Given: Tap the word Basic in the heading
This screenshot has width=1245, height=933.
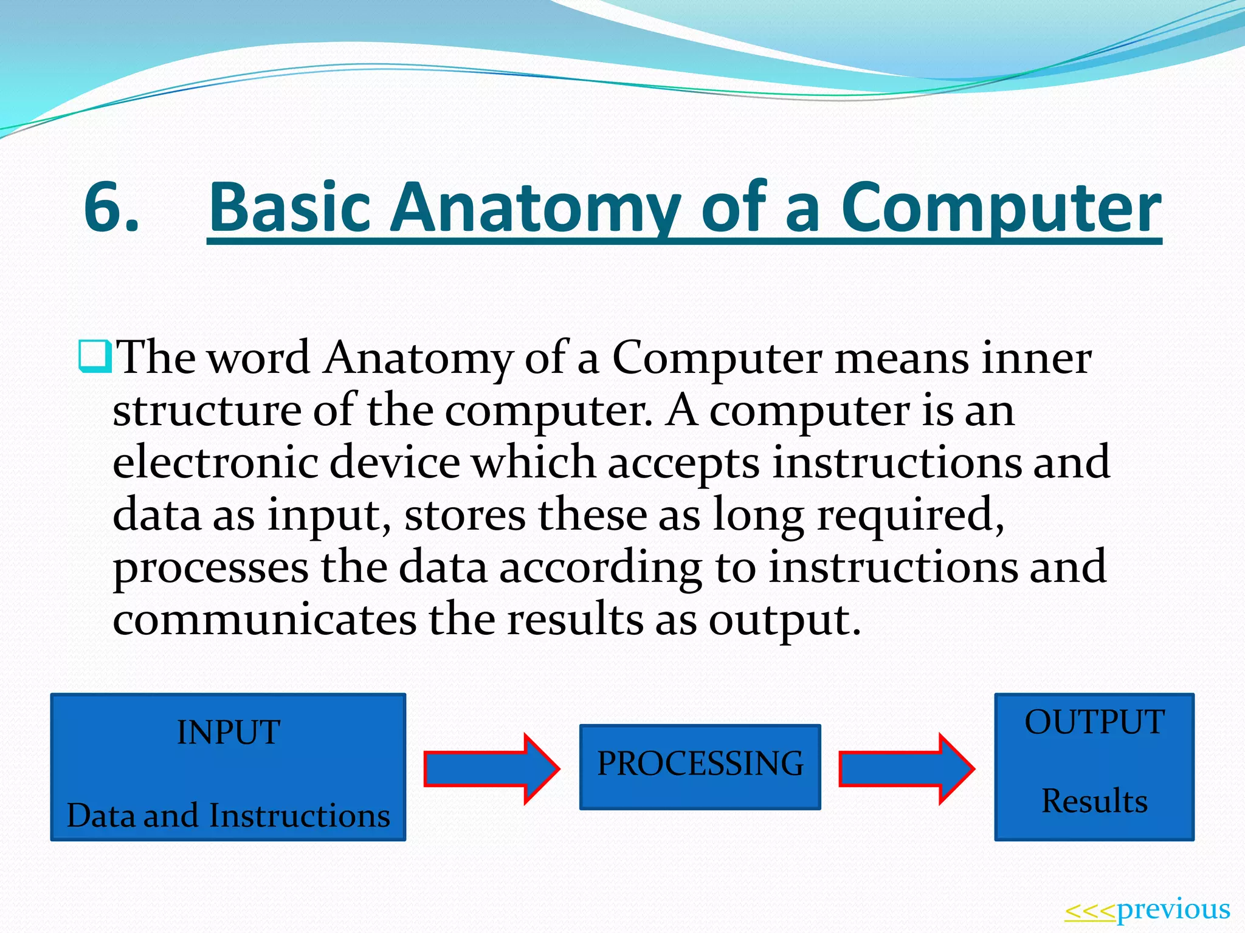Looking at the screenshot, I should pos(290,208).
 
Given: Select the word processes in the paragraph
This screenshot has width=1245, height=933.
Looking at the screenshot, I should pos(210,567).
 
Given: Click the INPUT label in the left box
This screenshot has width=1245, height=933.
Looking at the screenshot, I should pos(229,733).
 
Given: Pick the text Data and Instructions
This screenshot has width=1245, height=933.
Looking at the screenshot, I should pos(229,815).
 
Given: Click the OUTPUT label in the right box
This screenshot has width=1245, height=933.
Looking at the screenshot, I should pos(1094,723).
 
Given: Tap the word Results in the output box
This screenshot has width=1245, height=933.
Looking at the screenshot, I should pos(1094,801).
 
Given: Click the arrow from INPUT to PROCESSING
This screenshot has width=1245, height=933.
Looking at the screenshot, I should pos(490,769).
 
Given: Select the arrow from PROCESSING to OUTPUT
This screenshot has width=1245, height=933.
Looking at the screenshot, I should pos(905,769).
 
